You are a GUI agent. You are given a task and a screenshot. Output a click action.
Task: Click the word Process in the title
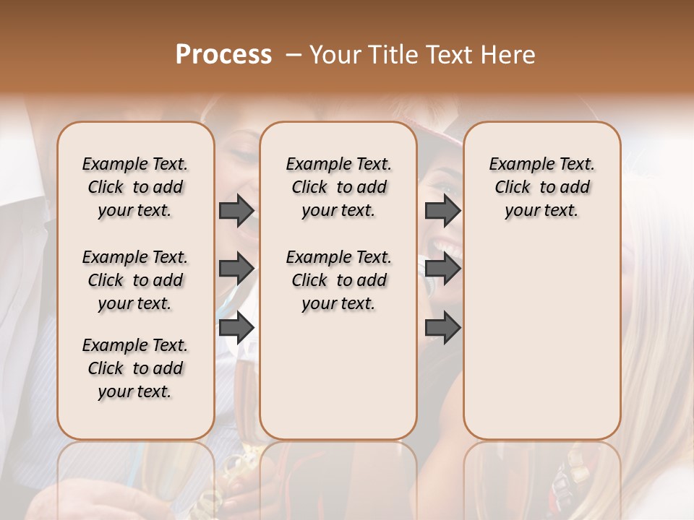(223, 55)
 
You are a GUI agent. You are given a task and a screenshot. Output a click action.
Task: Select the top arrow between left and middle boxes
(236, 210)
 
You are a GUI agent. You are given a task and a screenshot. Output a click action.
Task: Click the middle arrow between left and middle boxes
(236, 269)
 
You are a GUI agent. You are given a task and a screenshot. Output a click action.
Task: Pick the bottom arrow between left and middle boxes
(236, 327)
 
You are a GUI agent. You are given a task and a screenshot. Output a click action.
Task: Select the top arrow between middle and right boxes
(442, 210)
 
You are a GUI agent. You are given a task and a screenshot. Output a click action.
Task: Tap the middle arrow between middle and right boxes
(442, 269)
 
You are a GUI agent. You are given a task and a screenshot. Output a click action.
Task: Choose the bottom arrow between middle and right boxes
(442, 327)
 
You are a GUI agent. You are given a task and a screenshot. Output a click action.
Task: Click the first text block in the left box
(135, 187)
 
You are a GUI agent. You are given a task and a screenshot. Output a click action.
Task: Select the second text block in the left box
(135, 280)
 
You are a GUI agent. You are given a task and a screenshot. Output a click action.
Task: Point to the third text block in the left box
(135, 368)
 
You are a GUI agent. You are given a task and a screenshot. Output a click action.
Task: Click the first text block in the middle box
(338, 187)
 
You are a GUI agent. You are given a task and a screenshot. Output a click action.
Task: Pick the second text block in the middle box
(338, 280)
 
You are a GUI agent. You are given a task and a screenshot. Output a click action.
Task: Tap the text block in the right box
(541, 187)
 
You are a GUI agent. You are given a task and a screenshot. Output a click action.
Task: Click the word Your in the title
(334, 55)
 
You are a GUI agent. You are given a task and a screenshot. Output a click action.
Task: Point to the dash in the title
(293, 55)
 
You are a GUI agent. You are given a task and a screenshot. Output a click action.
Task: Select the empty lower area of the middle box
(338, 376)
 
